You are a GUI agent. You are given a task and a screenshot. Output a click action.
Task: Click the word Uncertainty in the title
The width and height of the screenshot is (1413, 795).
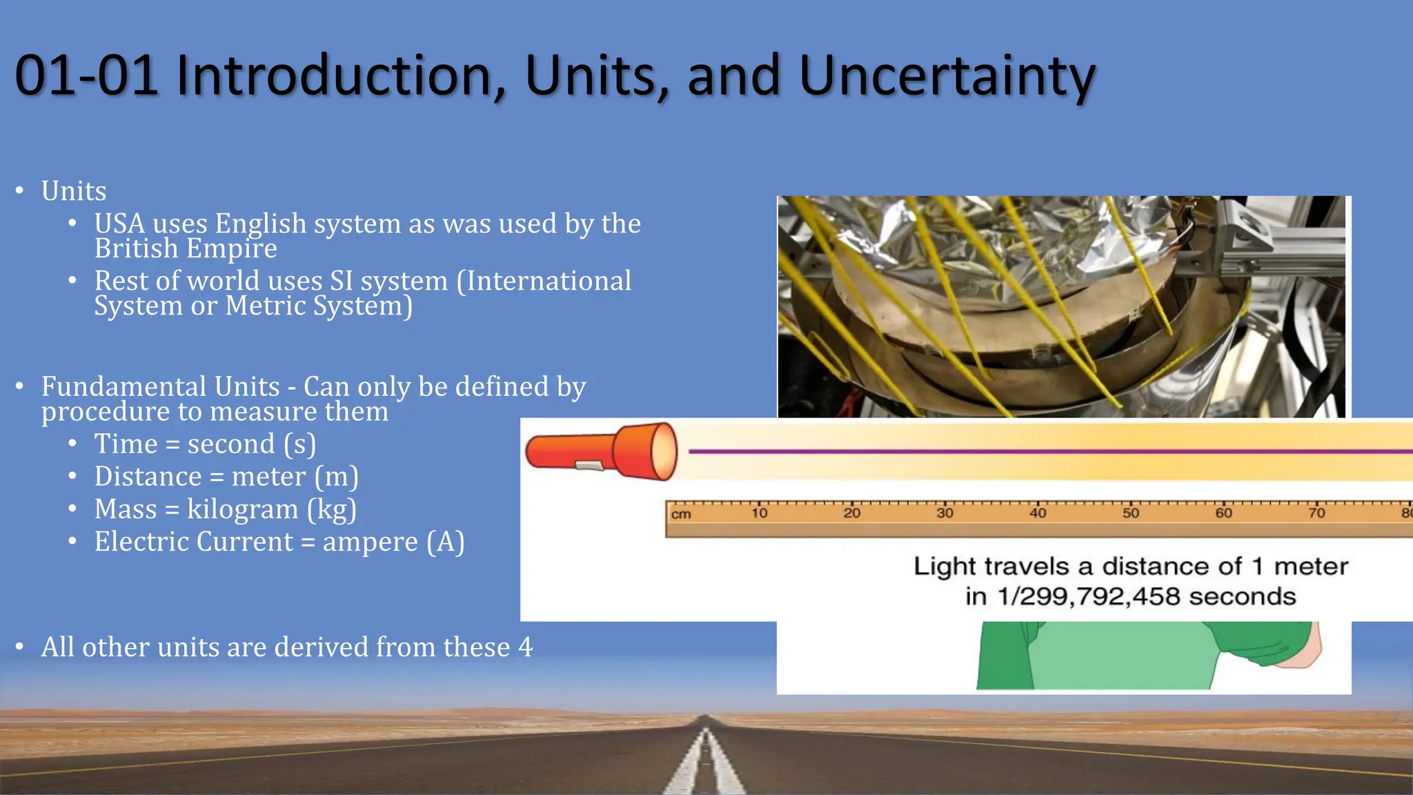tap(947, 76)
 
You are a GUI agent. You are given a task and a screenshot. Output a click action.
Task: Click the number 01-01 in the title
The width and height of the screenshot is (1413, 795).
tap(86, 76)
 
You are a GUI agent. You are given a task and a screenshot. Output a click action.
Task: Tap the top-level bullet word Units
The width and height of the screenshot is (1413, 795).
tap(74, 191)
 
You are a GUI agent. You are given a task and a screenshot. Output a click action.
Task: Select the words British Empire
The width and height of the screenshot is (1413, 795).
tap(186, 248)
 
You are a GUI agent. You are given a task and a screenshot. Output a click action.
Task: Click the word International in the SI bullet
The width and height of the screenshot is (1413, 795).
tap(544, 281)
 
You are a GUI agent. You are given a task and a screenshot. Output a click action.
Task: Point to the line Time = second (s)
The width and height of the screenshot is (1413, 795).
tap(205, 444)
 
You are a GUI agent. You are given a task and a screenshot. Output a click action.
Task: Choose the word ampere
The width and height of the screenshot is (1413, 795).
tap(370, 542)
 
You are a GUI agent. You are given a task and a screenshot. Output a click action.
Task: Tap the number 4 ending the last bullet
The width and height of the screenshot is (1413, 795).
tap(526, 647)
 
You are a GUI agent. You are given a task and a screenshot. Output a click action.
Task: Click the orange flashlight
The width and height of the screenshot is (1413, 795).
tap(601, 452)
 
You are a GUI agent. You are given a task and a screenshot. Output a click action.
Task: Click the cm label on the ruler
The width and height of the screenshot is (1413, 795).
tap(681, 514)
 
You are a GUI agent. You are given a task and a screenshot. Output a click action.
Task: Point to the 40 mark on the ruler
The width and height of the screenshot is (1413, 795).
tap(1038, 513)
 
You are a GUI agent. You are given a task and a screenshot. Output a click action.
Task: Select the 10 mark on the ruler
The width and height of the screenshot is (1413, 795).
tap(759, 513)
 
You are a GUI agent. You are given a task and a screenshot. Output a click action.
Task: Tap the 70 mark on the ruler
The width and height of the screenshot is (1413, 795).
tap(1316, 513)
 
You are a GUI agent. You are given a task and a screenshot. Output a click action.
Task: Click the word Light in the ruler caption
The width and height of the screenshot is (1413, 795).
tap(945, 567)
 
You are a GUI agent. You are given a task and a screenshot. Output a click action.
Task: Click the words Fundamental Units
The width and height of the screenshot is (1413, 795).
tap(160, 386)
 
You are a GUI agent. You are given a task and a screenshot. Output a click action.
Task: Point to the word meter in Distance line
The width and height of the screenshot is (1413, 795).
tap(268, 477)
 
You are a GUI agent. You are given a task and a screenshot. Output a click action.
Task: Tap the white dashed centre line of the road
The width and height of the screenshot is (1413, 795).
tap(705, 766)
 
